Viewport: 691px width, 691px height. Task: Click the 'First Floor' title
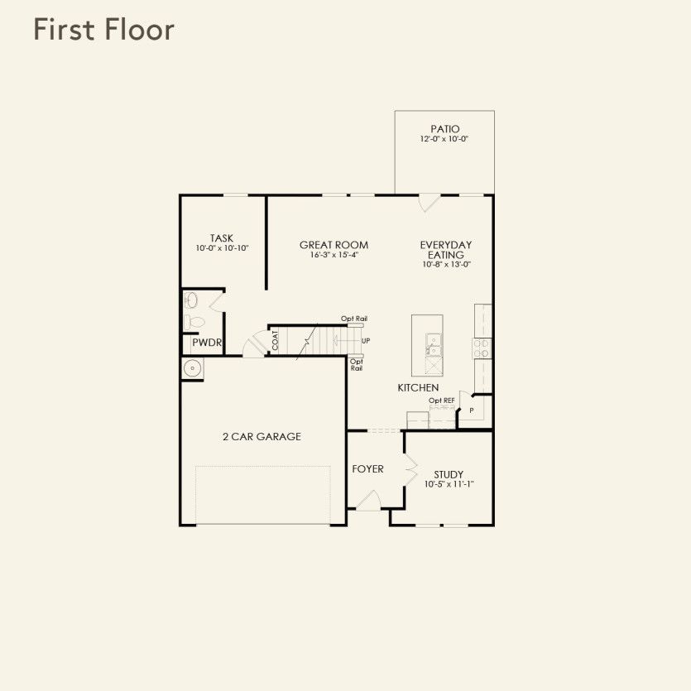tap(103, 30)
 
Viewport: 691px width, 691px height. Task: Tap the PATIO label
tap(444, 129)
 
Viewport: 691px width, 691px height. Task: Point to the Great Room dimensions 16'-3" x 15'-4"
tap(334, 256)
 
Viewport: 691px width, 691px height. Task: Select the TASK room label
tap(221, 238)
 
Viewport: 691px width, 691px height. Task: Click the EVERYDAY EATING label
tap(445, 250)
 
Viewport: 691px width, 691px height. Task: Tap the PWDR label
tap(207, 343)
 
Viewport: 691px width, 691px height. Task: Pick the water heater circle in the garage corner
tap(192, 369)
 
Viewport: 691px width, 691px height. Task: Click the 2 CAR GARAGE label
tap(262, 436)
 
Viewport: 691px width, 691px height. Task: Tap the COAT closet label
tap(275, 340)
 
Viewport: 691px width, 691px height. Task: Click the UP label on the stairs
tap(366, 341)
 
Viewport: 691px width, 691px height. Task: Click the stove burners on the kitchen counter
tap(482, 348)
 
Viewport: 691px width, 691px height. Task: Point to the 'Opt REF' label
tap(441, 401)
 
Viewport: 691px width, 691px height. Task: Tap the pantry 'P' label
tap(472, 410)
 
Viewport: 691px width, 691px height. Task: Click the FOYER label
tap(367, 469)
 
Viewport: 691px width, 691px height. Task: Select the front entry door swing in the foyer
tap(369, 501)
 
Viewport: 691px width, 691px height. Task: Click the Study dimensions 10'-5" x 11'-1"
tap(449, 485)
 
